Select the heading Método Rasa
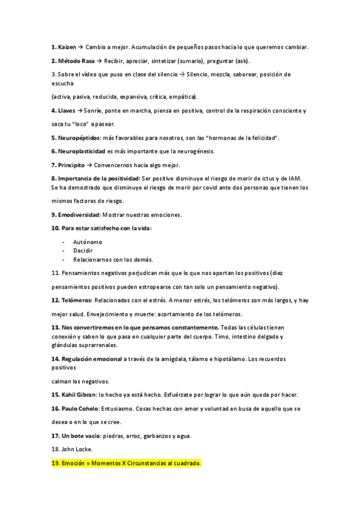[78, 61]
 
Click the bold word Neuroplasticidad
[81, 151]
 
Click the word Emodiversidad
[78, 214]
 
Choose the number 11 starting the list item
[55, 273]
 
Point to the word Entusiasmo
[121, 408]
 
